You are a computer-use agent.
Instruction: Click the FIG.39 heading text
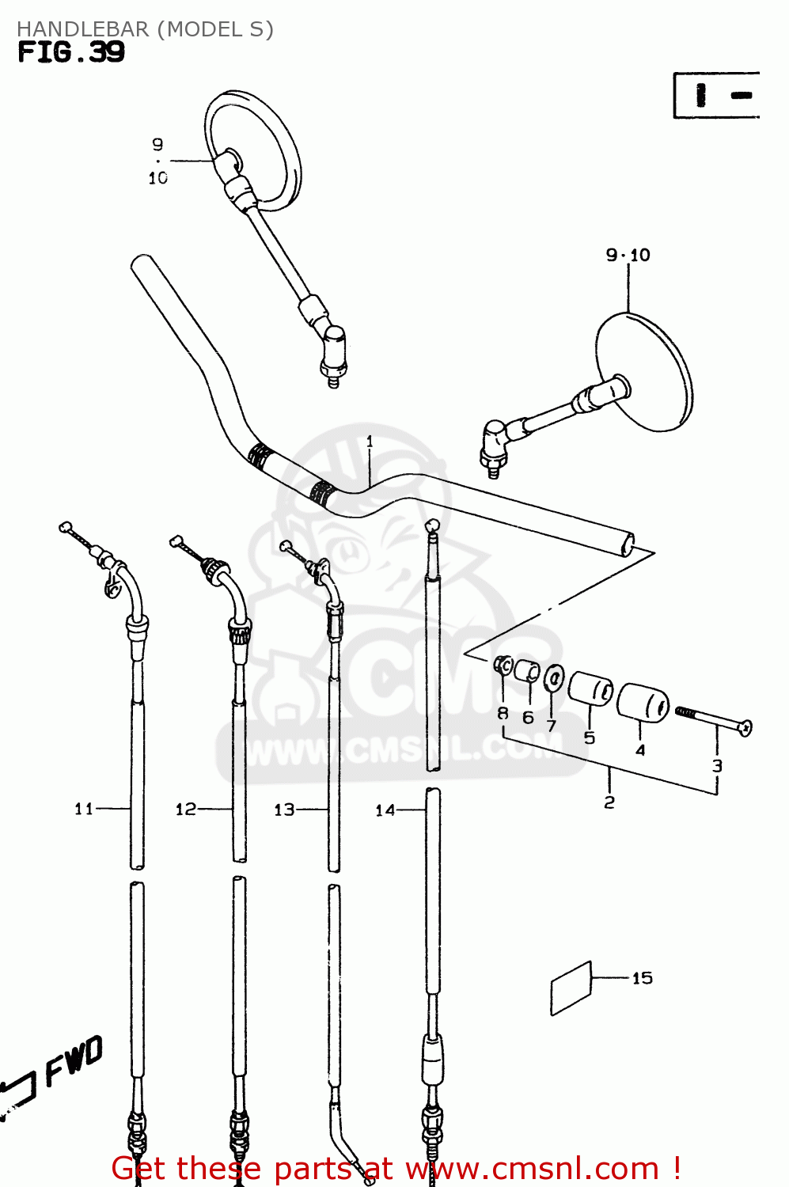click(x=71, y=52)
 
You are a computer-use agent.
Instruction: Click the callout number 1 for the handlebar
click(x=370, y=442)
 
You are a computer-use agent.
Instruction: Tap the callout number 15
click(x=642, y=978)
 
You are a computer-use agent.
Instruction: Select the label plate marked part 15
click(x=571, y=988)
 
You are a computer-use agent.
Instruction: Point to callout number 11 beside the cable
click(x=84, y=809)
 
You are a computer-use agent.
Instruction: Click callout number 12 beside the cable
click(x=186, y=809)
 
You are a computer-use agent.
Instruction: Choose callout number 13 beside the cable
click(x=284, y=810)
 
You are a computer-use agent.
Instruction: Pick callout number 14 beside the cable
click(x=385, y=810)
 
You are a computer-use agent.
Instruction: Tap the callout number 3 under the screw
click(x=717, y=765)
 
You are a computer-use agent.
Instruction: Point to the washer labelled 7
click(x=554, y=677)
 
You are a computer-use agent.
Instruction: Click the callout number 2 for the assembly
click(x=609, y=802)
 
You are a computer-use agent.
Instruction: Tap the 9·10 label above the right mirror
click(x=628, y=255)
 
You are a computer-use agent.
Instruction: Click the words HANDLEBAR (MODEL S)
click(x=145, y=29)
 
